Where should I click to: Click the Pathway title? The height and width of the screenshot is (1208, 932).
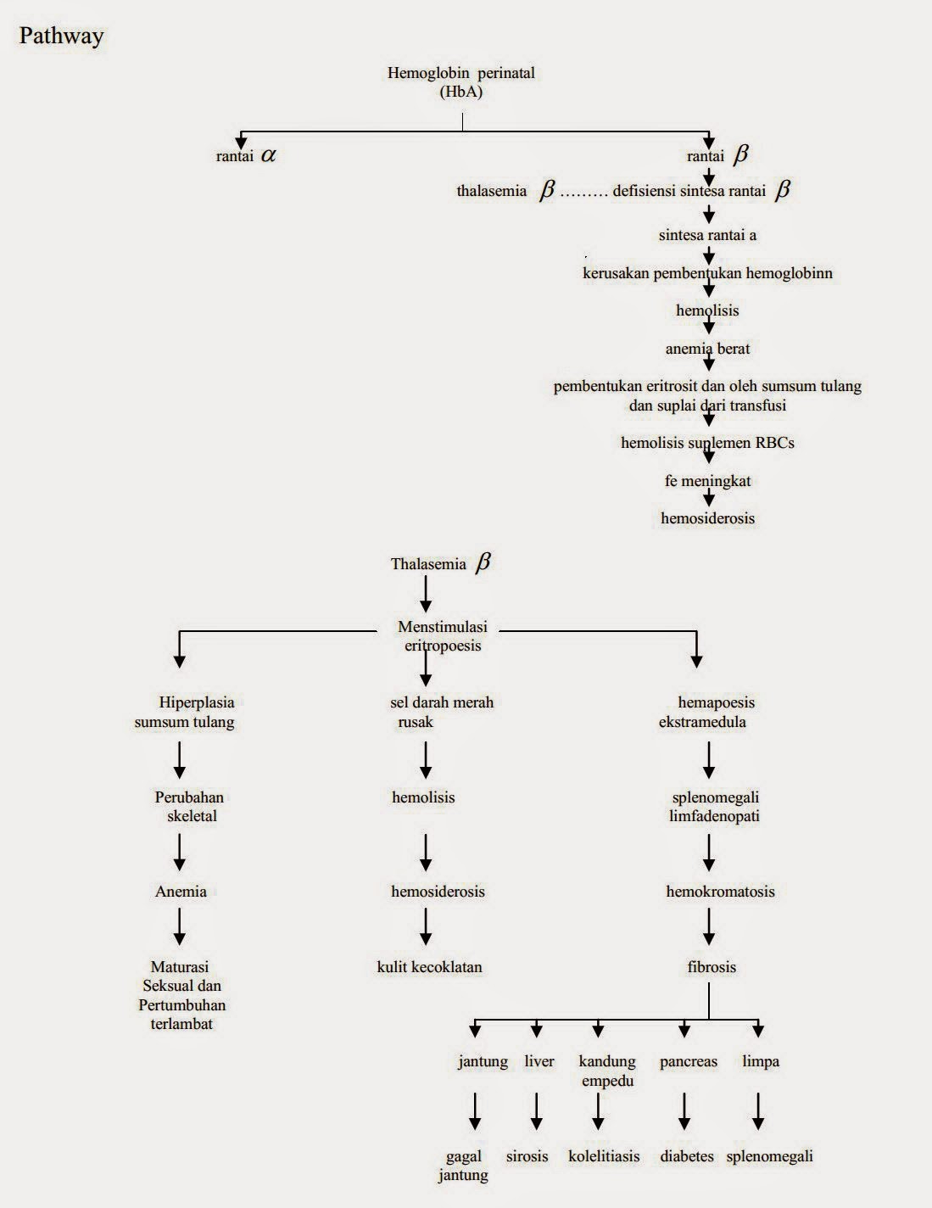(61, 36)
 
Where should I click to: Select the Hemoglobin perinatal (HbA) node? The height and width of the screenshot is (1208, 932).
(461, 82)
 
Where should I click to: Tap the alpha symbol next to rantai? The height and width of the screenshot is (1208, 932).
(269, 155)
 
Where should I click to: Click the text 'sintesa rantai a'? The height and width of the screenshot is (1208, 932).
(707, 235)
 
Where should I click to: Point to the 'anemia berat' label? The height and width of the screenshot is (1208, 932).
(707, 349)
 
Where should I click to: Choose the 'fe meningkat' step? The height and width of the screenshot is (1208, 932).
(707, 481)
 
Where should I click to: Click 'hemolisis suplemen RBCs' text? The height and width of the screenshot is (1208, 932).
(707, 443)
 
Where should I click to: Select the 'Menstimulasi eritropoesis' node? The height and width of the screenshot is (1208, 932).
(443, 636)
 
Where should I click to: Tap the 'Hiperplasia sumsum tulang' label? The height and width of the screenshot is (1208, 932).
(185, 713)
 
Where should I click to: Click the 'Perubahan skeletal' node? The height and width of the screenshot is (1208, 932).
(188, 807)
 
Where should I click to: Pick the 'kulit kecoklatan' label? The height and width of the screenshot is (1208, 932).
(429, 967)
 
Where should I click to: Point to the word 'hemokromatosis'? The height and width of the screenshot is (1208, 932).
(720, 892)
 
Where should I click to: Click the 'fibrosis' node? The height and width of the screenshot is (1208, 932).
(712, 967)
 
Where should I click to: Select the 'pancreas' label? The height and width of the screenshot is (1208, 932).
(689, 1061)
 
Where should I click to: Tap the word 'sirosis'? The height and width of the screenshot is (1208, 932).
(527, 1156)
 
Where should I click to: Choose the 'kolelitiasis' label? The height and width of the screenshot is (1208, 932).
(604, 1156)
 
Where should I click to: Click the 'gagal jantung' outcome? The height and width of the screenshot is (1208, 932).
(463, 1166)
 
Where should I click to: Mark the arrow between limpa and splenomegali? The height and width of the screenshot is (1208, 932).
(758, 1110)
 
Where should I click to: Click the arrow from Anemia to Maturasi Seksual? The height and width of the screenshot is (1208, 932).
(180, 926)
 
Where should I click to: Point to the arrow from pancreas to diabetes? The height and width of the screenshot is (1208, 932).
(684, 1110)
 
